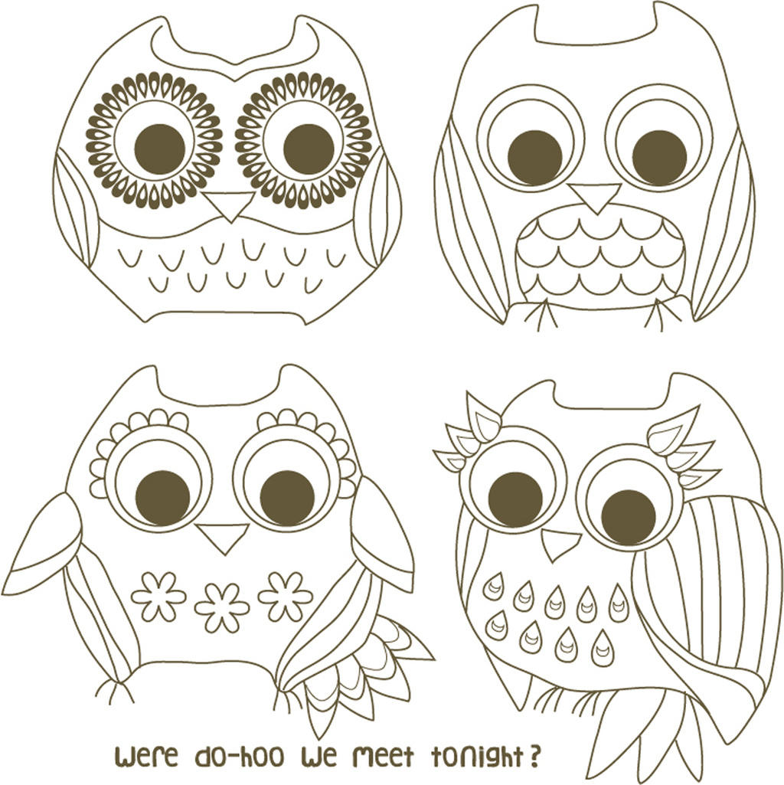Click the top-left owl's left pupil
[x=160, y=149]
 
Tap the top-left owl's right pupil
[x=309, y=149]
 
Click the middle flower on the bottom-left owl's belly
[x=222, y=607]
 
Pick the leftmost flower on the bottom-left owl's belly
[x=158, y=597]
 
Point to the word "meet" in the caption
[x=383, y=757]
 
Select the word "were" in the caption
[x=147, y=757]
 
